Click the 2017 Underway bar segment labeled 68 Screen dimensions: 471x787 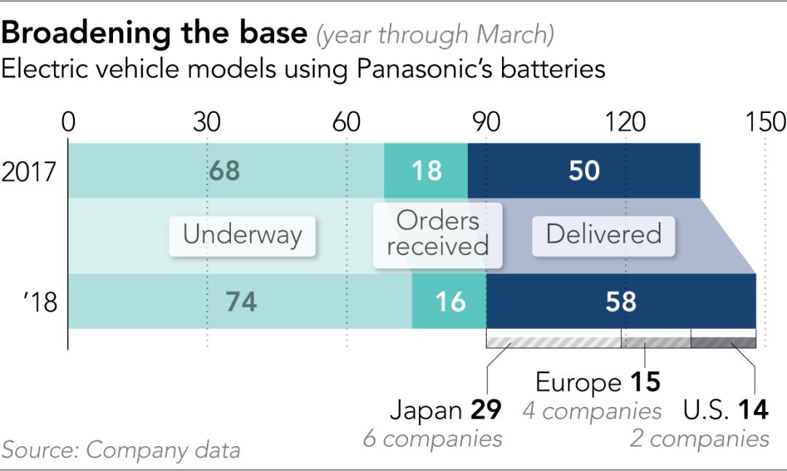[x=225, y=171]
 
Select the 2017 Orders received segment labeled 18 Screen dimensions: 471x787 [x=426, y=171]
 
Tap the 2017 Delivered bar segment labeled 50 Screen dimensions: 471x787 [x=584, y=171]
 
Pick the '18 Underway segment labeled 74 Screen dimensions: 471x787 [x=240, y=301]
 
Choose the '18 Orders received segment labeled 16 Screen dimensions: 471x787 [x=449, y=301]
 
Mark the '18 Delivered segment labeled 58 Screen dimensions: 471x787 [x=621, y=301]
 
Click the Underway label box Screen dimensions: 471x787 [x=242, y=235]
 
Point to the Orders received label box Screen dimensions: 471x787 [x=437, y=234]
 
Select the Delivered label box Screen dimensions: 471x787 [x=603, y=235]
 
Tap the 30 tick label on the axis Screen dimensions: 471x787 [x=208, y=122]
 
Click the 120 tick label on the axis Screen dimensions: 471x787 [x=624, y=122]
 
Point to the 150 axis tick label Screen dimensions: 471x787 [x=765, y=122]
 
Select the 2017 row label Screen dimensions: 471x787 [x=29, y=172]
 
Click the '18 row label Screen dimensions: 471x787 [x=39, y=302]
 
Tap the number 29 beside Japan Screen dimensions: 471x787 [x=485, y=410]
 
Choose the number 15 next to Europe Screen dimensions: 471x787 [x=644, y=383]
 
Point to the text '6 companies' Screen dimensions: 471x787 [x=432, y=439]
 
